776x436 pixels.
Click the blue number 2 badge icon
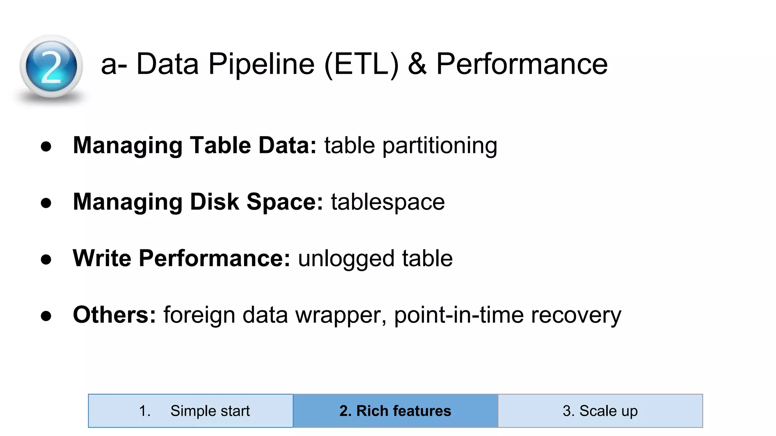[x=51, y=67]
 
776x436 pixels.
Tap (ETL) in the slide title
[x=362, y=64]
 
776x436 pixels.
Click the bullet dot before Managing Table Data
[x=46, y=146]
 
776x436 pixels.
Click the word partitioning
[x=440, y=146]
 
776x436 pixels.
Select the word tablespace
[x=388, y=202]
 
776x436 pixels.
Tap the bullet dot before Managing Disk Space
[x=46, y=203]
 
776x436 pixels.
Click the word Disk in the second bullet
[x=214, y=202]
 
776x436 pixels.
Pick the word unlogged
[x=346, y=259]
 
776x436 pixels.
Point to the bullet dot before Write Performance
[x=46, y=260]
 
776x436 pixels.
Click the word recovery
[x=576, y=315]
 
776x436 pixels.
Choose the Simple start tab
[x=191, y=411]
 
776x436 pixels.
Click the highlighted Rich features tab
[x=395, y=411]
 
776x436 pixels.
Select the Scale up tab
[x=600, y=411]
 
